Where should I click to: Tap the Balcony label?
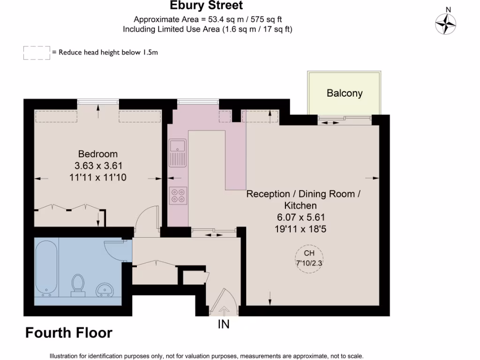click(x=345, y=93)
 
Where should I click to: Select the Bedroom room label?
click(x=98, y=154)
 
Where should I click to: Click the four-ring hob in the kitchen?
click(x=178, y=195)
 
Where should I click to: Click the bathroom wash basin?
click(x=105, y=291)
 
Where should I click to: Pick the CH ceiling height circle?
click(x=309, y=258)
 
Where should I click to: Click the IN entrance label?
click(x=224, y=324)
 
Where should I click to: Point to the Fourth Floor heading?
click(x=68, y=333)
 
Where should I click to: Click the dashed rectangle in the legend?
click(x=37, y=52)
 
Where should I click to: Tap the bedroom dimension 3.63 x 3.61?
click(x=98, y=165)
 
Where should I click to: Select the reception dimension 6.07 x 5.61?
click(x=300, y=217)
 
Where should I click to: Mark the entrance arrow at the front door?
click(x=224, y=310)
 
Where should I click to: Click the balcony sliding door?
click(x=345, y=120)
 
